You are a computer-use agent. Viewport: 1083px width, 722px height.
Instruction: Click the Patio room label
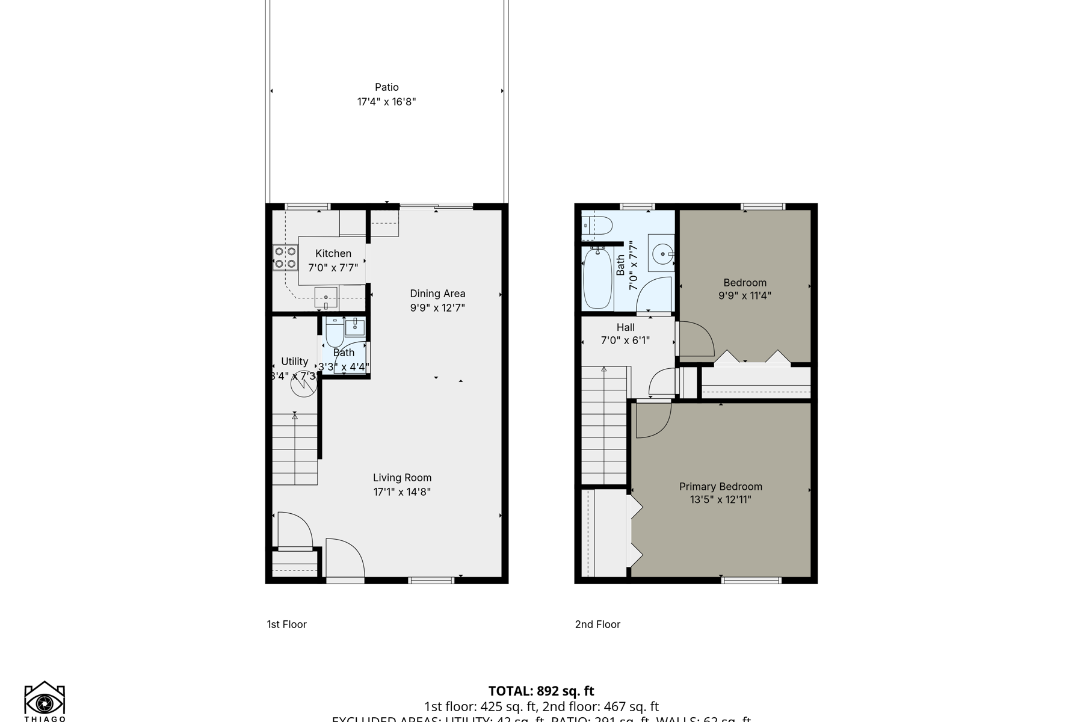(x=387, y=87)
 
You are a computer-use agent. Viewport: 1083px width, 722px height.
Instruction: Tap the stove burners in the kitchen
(x=285, y=258)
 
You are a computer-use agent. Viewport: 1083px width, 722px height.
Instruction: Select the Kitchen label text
(x=333, y=254)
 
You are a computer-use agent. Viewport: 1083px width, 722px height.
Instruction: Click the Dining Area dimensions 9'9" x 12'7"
(x=437, y=308)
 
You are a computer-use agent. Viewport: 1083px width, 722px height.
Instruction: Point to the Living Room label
(x=402, y=478)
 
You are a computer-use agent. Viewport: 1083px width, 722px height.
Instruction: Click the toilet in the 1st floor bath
(x=335, y=333)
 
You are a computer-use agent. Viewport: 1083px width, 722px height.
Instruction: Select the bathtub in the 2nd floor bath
(x=597, y=279)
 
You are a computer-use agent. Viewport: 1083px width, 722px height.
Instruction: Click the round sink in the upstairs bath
(x=662, y=255)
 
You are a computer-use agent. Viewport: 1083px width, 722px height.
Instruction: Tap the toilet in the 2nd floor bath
(x=597, y=226)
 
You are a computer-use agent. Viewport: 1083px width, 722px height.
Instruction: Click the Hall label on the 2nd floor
(x=626, y=327)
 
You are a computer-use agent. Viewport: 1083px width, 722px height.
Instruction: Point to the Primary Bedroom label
(x=720, y=486)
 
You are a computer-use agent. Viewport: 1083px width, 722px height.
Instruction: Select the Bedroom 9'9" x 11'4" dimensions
(x=745, y=295)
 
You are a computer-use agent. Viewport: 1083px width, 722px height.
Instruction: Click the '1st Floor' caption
(x=287, y=625)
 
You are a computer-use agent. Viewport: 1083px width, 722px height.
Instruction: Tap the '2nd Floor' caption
(x=597, y=625)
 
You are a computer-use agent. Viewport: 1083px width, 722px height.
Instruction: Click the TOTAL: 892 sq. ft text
(x=541, y=691)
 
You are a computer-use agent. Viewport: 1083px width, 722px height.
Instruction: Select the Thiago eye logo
(x=45, y=702)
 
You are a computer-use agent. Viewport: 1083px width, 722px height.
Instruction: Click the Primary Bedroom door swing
(x=652, y=419)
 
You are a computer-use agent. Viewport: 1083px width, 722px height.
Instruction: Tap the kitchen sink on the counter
(x=326, y=297)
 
